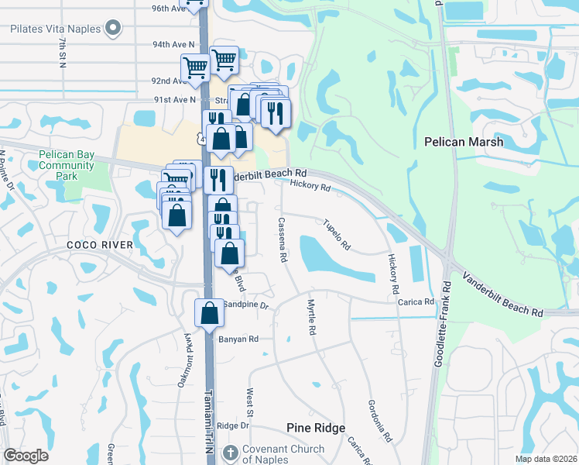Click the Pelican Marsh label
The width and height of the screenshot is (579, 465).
tap(464, 142)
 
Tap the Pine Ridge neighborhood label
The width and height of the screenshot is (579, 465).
tap(316, 428)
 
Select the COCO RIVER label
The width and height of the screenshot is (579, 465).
tap(104, 245)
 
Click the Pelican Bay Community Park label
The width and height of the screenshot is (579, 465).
tap(67, 165)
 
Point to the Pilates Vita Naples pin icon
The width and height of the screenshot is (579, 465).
tap(113, 29)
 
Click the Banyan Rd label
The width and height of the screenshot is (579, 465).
tap(238, 339)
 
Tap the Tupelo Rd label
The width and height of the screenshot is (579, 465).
tap(337, 234)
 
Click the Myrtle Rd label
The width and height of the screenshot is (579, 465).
tap(312, 317)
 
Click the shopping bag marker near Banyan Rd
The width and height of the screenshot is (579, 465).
tap(209, 313)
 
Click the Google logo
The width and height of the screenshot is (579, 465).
tap(26, 456)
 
